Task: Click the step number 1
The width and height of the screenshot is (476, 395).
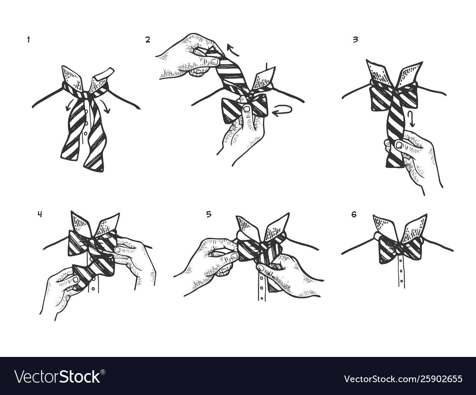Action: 28,40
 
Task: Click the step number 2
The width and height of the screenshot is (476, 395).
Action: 148,40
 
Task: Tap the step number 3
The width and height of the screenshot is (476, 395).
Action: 355,40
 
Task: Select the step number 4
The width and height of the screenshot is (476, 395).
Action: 40,214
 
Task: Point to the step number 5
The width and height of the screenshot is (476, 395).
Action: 208,214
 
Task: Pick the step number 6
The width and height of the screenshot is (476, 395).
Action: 354,215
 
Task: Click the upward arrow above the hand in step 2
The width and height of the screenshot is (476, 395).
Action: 232,49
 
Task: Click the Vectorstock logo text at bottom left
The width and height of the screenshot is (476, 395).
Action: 57,376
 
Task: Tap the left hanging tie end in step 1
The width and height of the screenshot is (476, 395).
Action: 73,131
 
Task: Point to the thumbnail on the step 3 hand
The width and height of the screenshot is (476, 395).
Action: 399,145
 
